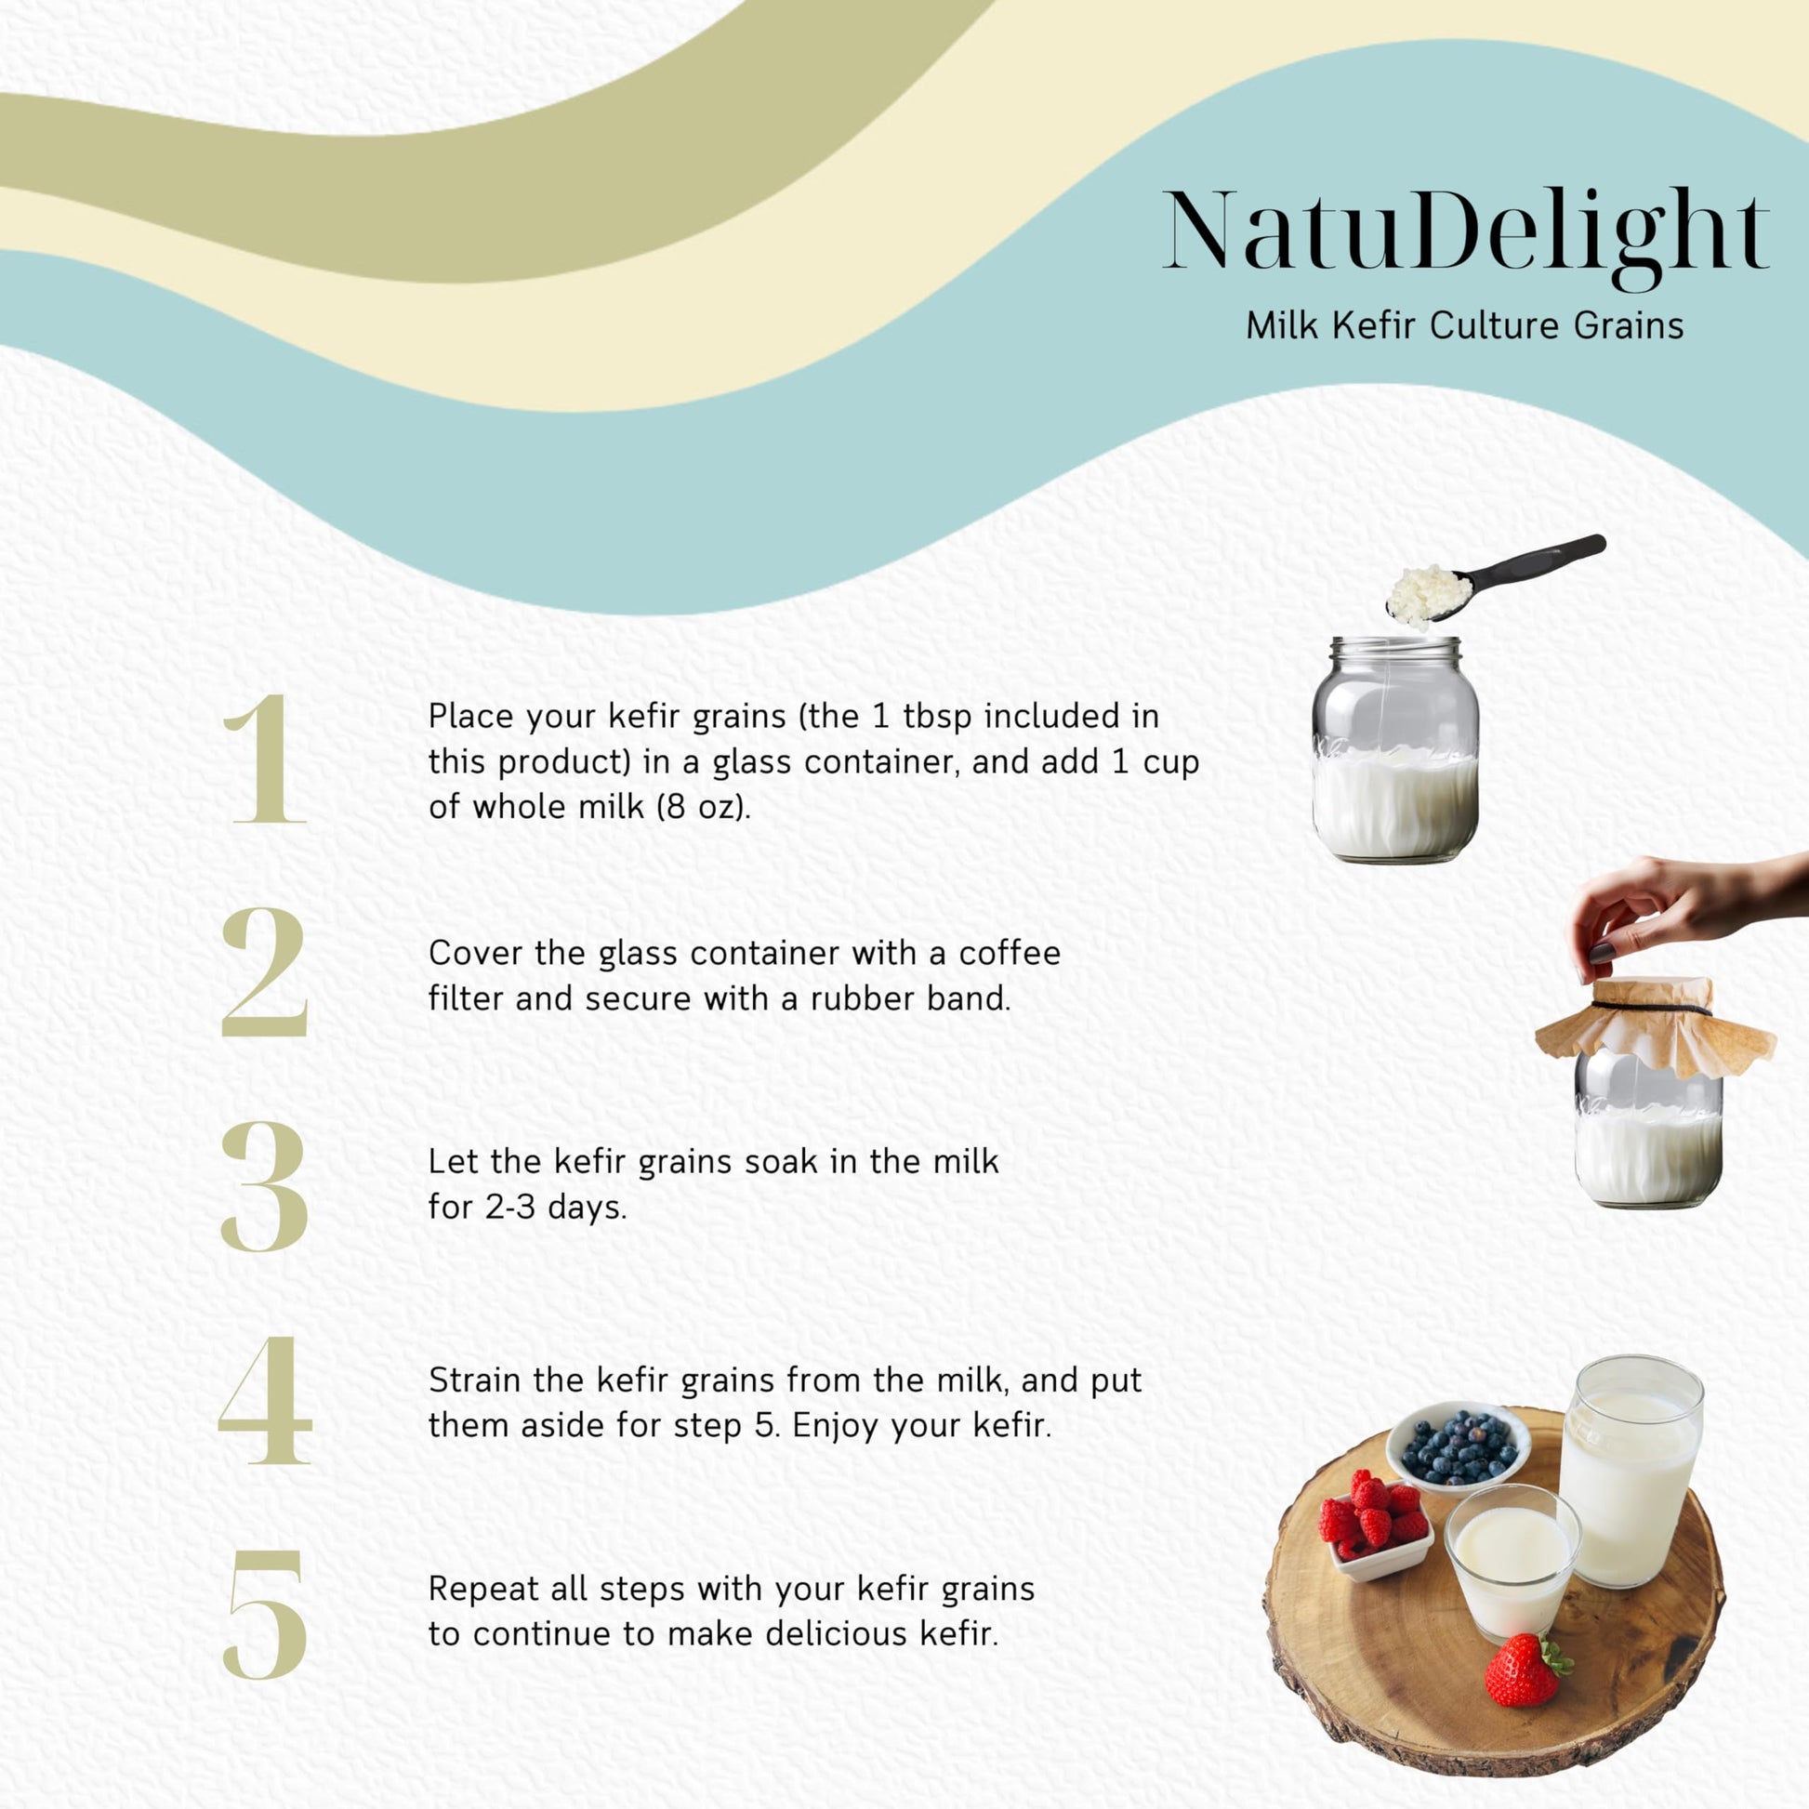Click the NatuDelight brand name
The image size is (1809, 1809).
(1465, 234)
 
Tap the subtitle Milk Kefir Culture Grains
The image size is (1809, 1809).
(1464, 326)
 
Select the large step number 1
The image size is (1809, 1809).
(266, 759)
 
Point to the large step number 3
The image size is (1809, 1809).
(265, 1186)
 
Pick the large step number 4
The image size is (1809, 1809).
(265, 1401)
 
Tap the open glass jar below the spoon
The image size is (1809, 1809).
(1394, 749)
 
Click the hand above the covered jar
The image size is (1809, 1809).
(1685, 908)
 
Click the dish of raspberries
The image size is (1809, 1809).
(1375, 1525)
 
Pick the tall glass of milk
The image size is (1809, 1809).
(1631, 1471)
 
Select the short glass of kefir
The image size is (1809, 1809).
(1512, 1562)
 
